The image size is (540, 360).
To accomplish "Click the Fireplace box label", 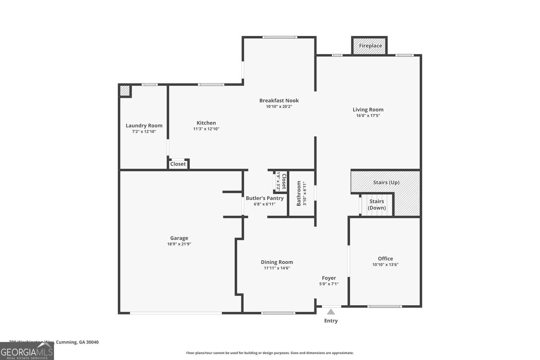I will point(370,46).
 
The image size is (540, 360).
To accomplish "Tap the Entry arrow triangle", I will point(331,312).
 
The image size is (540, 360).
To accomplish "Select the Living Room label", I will point(368,109).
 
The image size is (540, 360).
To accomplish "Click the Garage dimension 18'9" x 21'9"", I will point(179,244).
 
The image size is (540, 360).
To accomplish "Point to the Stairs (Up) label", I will point(386,183).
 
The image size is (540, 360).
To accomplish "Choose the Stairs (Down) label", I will point(377,204).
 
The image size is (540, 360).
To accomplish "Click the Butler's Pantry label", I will point(265,198).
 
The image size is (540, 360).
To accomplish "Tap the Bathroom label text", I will point(298,193).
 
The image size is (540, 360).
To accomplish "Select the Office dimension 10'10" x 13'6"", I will point(385,265).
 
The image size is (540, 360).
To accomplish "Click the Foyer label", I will point(329,278).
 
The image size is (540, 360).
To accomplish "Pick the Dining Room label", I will point(277,262).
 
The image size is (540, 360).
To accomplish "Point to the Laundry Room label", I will point(144,125).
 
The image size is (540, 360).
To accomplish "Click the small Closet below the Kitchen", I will point(178,164).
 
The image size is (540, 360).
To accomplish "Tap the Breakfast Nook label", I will point(279,100).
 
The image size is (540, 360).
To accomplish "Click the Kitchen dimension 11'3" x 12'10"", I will point(206,129).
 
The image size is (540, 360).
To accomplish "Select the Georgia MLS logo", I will point(27,351).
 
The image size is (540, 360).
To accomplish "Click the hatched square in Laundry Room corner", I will point(125,91).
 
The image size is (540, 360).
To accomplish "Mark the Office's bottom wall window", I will point(384,306).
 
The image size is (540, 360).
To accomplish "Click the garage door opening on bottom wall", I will point(176,313).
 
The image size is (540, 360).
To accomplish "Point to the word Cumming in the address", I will point(67,342).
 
